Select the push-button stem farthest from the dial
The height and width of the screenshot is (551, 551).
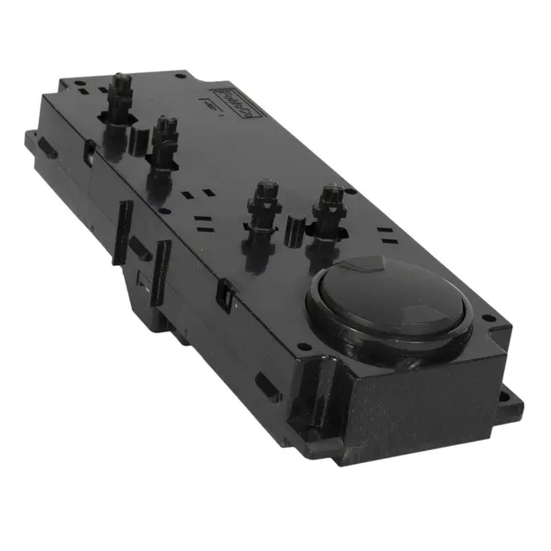(x=121, y=94)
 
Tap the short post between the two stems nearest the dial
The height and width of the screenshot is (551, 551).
(x=293, y=229)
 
